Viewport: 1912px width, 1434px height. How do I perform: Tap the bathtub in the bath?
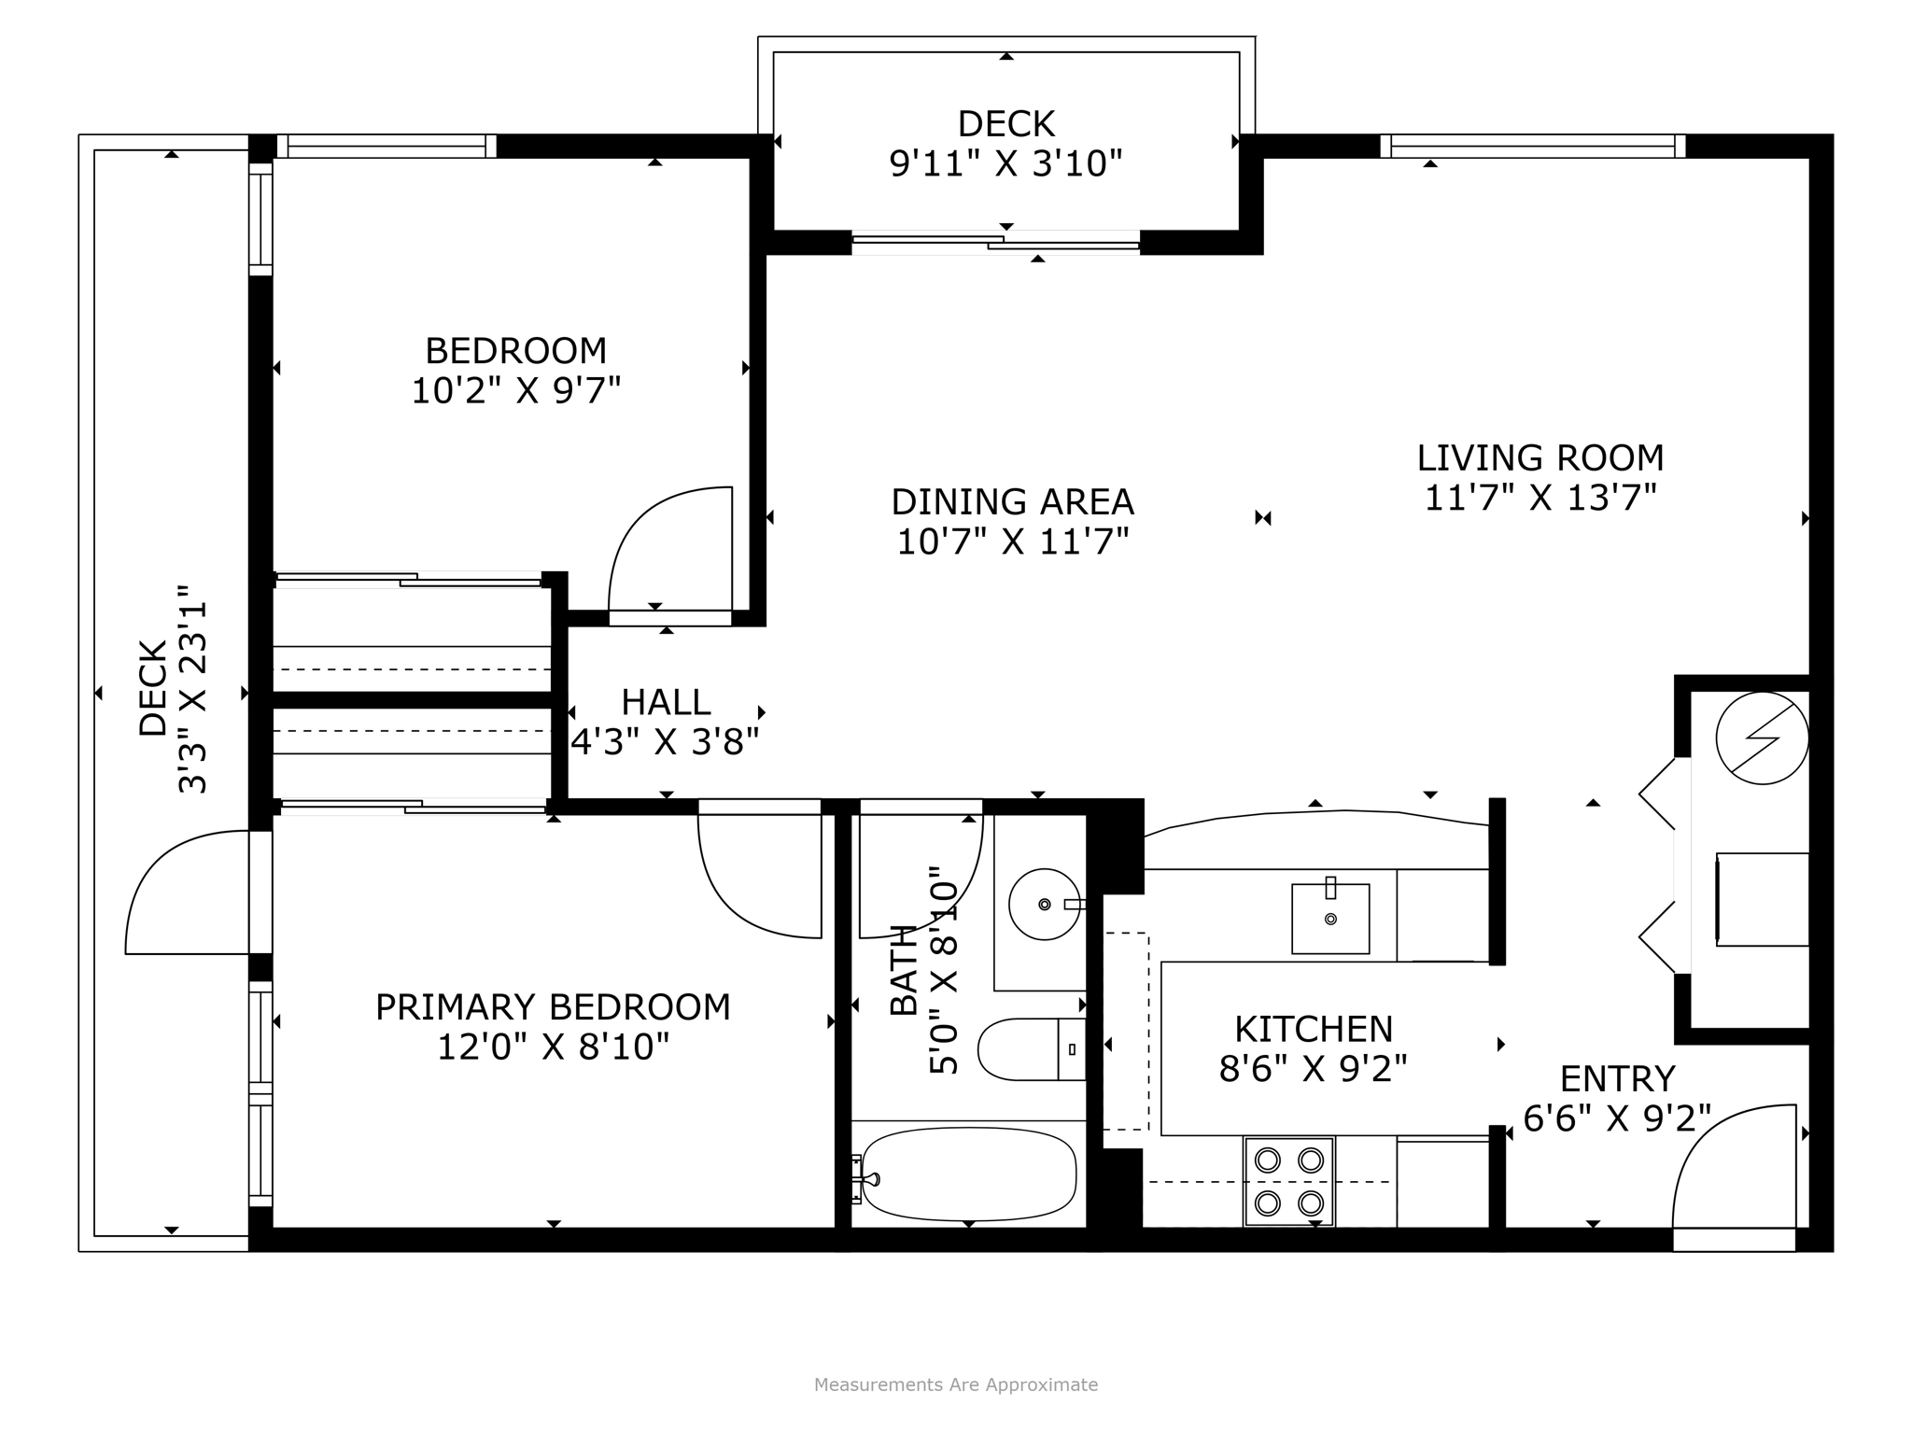pos(969,1174)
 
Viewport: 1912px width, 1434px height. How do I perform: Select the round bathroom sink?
pos(1044,904)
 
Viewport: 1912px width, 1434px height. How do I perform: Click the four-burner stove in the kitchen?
pos(1288,1180)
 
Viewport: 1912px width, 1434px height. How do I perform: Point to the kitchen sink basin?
pos(1329,919)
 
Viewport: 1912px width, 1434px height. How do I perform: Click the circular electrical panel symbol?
pos(1761,738)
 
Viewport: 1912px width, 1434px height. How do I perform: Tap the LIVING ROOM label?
pos(1539,457)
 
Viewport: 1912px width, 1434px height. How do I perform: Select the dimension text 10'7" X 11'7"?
pos(1012,541)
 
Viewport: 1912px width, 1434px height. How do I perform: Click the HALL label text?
pos(666,702)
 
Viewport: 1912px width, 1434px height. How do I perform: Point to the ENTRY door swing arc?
pos(1727,1167)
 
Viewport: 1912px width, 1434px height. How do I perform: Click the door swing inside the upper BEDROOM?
pos(663,551)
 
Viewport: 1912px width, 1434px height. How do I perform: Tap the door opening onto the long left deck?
pos(187,892)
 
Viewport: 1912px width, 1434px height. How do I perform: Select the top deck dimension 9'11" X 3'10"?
pos(1005,163)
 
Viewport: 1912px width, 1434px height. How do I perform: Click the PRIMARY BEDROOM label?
pos(553,1007)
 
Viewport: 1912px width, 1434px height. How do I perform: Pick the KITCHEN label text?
pos(1313,1029)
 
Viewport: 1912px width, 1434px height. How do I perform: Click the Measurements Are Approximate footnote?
pos(955,1385)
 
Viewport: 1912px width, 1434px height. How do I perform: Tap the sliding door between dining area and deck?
pos(995,243)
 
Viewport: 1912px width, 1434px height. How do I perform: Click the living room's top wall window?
pos(1532,146)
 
